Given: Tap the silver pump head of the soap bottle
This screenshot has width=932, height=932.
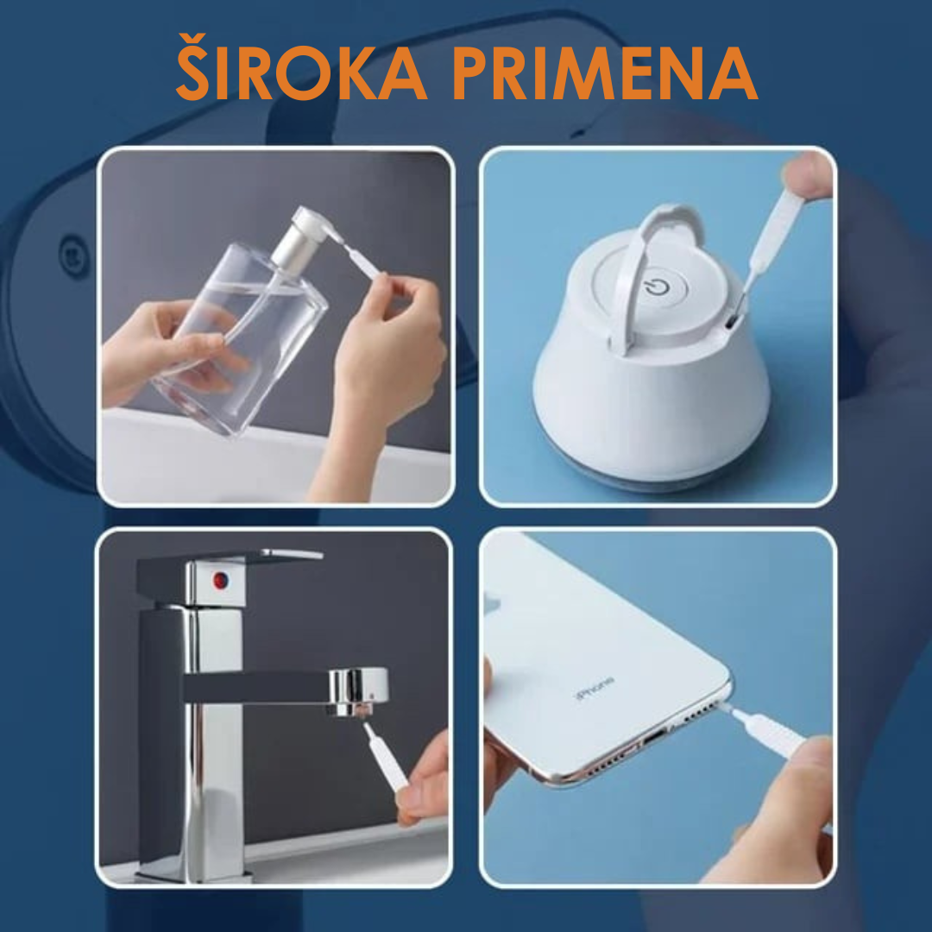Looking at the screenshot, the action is (302, 236).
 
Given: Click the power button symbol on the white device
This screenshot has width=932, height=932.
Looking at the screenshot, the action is (658, 287).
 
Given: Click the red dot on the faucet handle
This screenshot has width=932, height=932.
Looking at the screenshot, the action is (220, 580).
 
